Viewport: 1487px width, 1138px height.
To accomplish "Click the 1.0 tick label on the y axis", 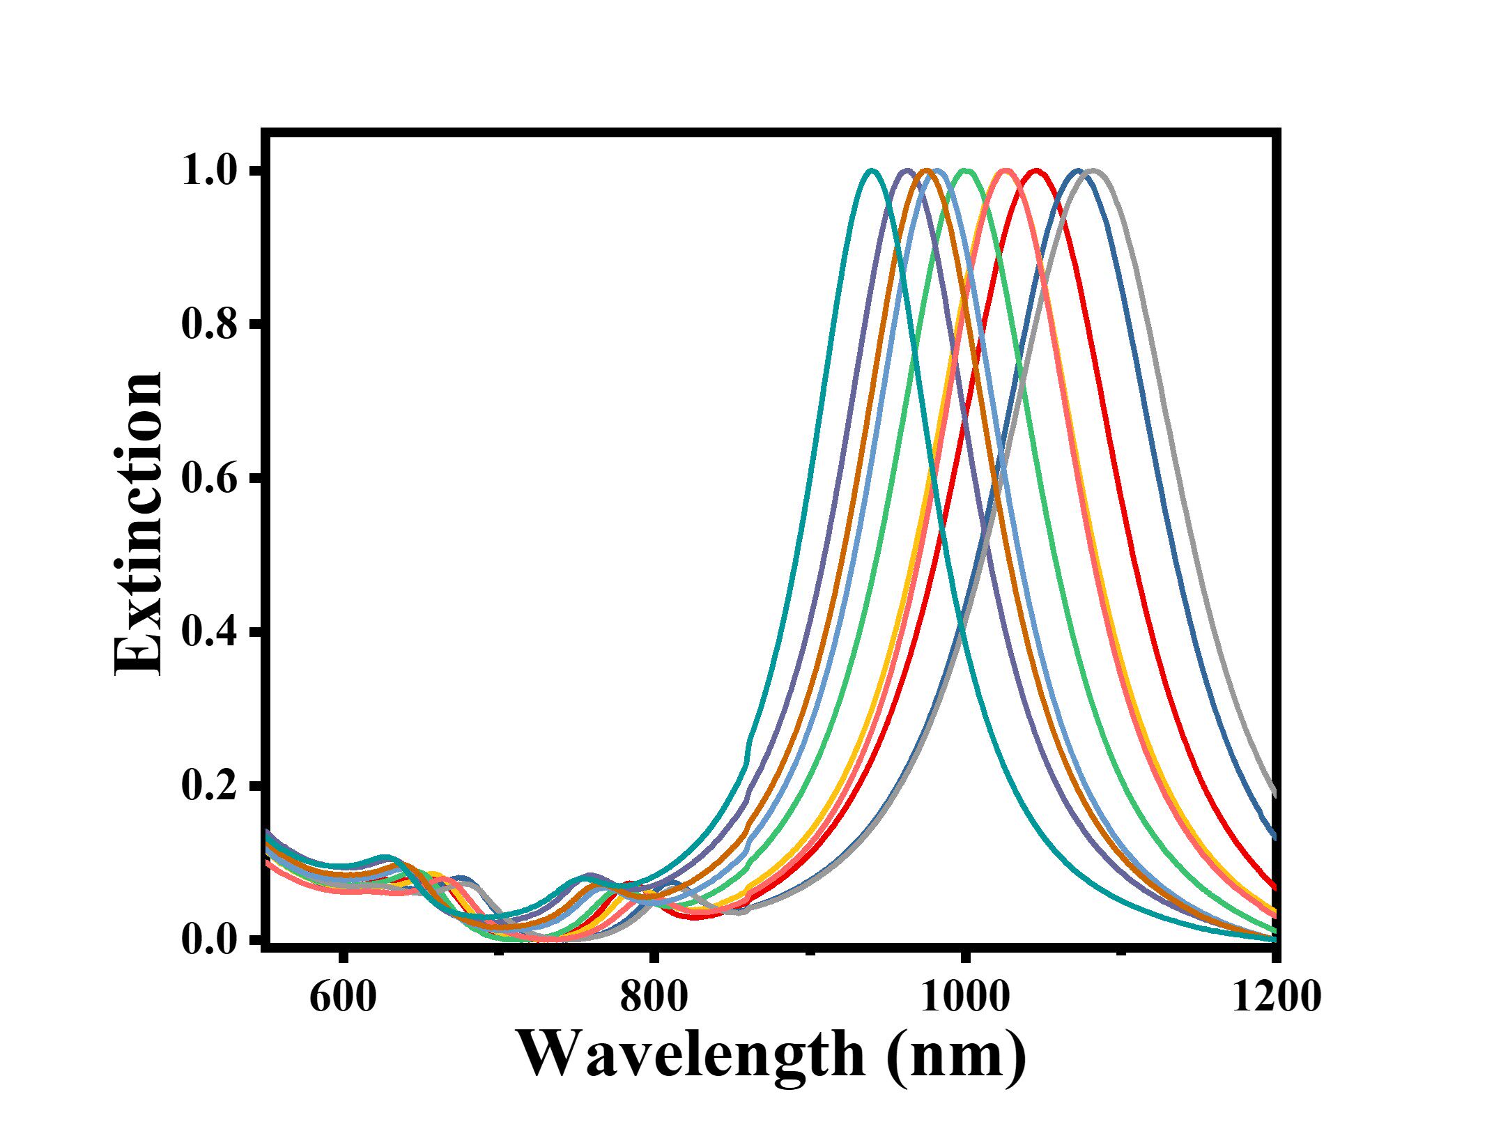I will [x=209, y=171].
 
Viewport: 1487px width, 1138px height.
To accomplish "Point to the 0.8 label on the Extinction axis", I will [x=209, y=325].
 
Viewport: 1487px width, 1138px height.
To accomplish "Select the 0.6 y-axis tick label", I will [x=209, y=479].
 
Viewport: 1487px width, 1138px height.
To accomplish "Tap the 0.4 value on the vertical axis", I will [x=209, y=632].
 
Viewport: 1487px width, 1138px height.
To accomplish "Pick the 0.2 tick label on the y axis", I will [x=209, y=785].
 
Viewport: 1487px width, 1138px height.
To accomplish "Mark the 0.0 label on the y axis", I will [x=209, y=939].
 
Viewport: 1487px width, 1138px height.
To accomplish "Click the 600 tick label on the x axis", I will [x=342, y=997].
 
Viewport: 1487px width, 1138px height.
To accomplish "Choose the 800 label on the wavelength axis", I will [x=653, y=997].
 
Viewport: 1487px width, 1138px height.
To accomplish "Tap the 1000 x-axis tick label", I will [x=964, y=997].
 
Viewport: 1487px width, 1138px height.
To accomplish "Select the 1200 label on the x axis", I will [x=1276, y=997].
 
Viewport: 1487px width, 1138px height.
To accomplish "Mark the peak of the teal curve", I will [x=871, y=170].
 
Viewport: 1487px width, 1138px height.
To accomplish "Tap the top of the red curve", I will [x=1036, y=170].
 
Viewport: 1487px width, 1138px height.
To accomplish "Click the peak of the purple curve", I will [x=907, y=170].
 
